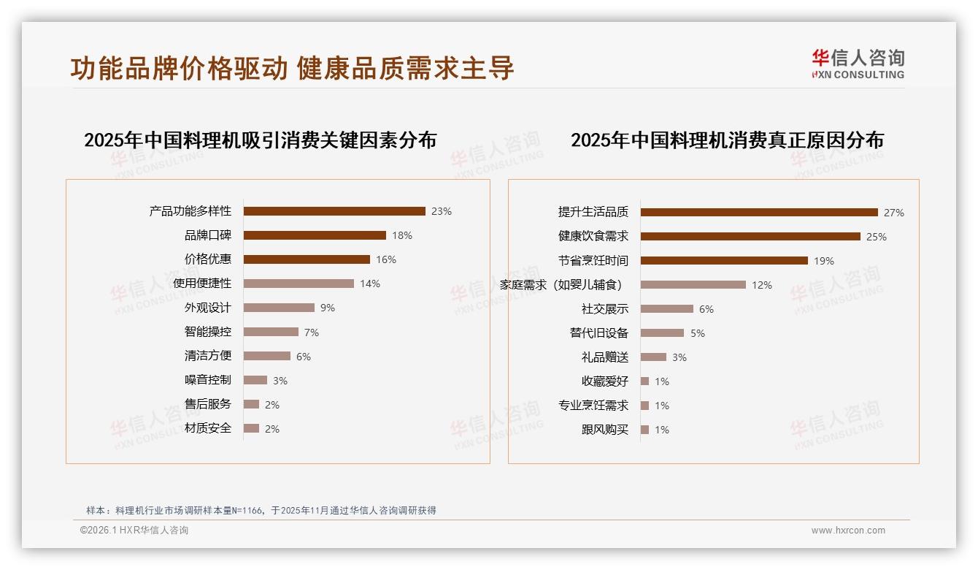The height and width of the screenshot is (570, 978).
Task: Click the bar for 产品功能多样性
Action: pos(334,211)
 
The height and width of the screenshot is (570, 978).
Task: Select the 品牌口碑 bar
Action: pos(315,235)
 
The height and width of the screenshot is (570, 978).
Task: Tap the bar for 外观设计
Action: pos(279,308)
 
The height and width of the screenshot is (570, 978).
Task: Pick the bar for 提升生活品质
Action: pos(759,213)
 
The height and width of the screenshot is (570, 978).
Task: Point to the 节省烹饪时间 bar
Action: pos(724,261)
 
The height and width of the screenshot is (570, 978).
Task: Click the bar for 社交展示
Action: pos(667,309)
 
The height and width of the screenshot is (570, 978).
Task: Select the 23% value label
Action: pos(442,211)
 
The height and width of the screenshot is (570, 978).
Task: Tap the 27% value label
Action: pos(894,213)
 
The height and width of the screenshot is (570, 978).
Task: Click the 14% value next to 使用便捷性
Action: pos(370,284)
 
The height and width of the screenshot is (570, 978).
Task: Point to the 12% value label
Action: pos(762,285)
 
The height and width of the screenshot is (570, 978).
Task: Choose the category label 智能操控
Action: pos(208,332)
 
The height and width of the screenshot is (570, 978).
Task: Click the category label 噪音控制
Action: pos(208,380)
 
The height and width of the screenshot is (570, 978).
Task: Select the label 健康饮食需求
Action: pos(593,237)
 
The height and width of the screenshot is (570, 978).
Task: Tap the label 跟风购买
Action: pos(605,430)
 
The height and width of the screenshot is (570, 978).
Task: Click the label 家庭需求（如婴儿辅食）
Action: pos(561,285)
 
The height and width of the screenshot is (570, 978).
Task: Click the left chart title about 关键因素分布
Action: pos(260,140)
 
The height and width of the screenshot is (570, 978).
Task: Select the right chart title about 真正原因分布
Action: pos(727,140)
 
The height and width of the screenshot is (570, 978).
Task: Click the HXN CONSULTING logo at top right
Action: pos(858,64)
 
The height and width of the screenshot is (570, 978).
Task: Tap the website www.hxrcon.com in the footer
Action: pos(848,531)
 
